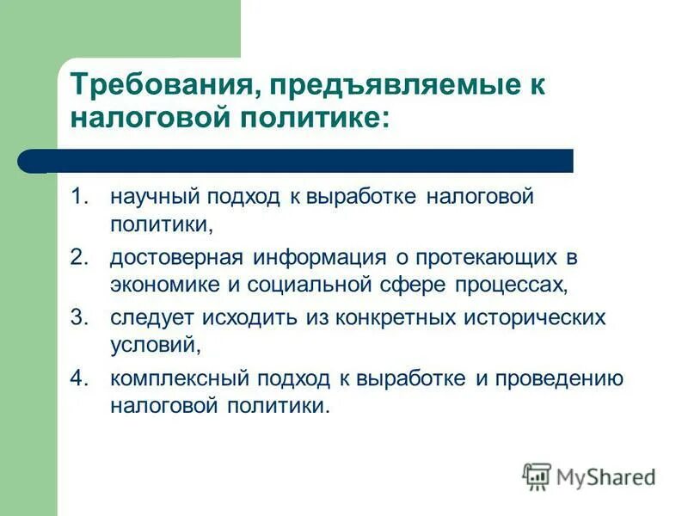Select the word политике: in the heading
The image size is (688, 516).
pos(309,118)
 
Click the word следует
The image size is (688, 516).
pos(151,317)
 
